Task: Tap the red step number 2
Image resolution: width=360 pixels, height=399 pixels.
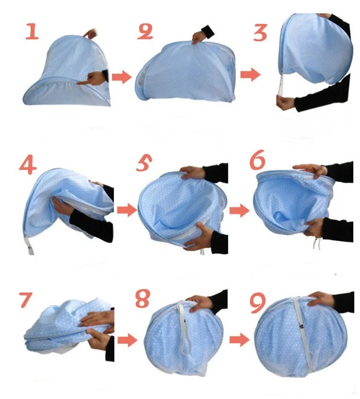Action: [145, 32]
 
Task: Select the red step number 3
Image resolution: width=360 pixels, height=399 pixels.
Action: [260, 33]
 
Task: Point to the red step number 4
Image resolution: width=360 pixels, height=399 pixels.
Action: [28, 165]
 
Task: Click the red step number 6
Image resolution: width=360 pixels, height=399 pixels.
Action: [257, 160]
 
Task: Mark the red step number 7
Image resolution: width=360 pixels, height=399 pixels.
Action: [25, 300]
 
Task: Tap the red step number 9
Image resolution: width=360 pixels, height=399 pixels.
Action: [258, 303]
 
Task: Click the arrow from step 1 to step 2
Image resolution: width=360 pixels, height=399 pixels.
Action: [121, 77]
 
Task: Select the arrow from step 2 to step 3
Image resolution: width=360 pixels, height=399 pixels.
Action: [251, 74]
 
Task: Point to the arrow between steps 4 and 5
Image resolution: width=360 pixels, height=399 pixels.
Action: [127, 210]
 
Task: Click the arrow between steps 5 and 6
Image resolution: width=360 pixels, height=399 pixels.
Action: [240, 211]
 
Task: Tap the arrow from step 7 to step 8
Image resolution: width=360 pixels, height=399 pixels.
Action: [127, 340]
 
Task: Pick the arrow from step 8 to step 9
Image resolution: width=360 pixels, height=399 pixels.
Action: [240, 340]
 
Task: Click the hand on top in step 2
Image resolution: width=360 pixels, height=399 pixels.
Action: [198, 38]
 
